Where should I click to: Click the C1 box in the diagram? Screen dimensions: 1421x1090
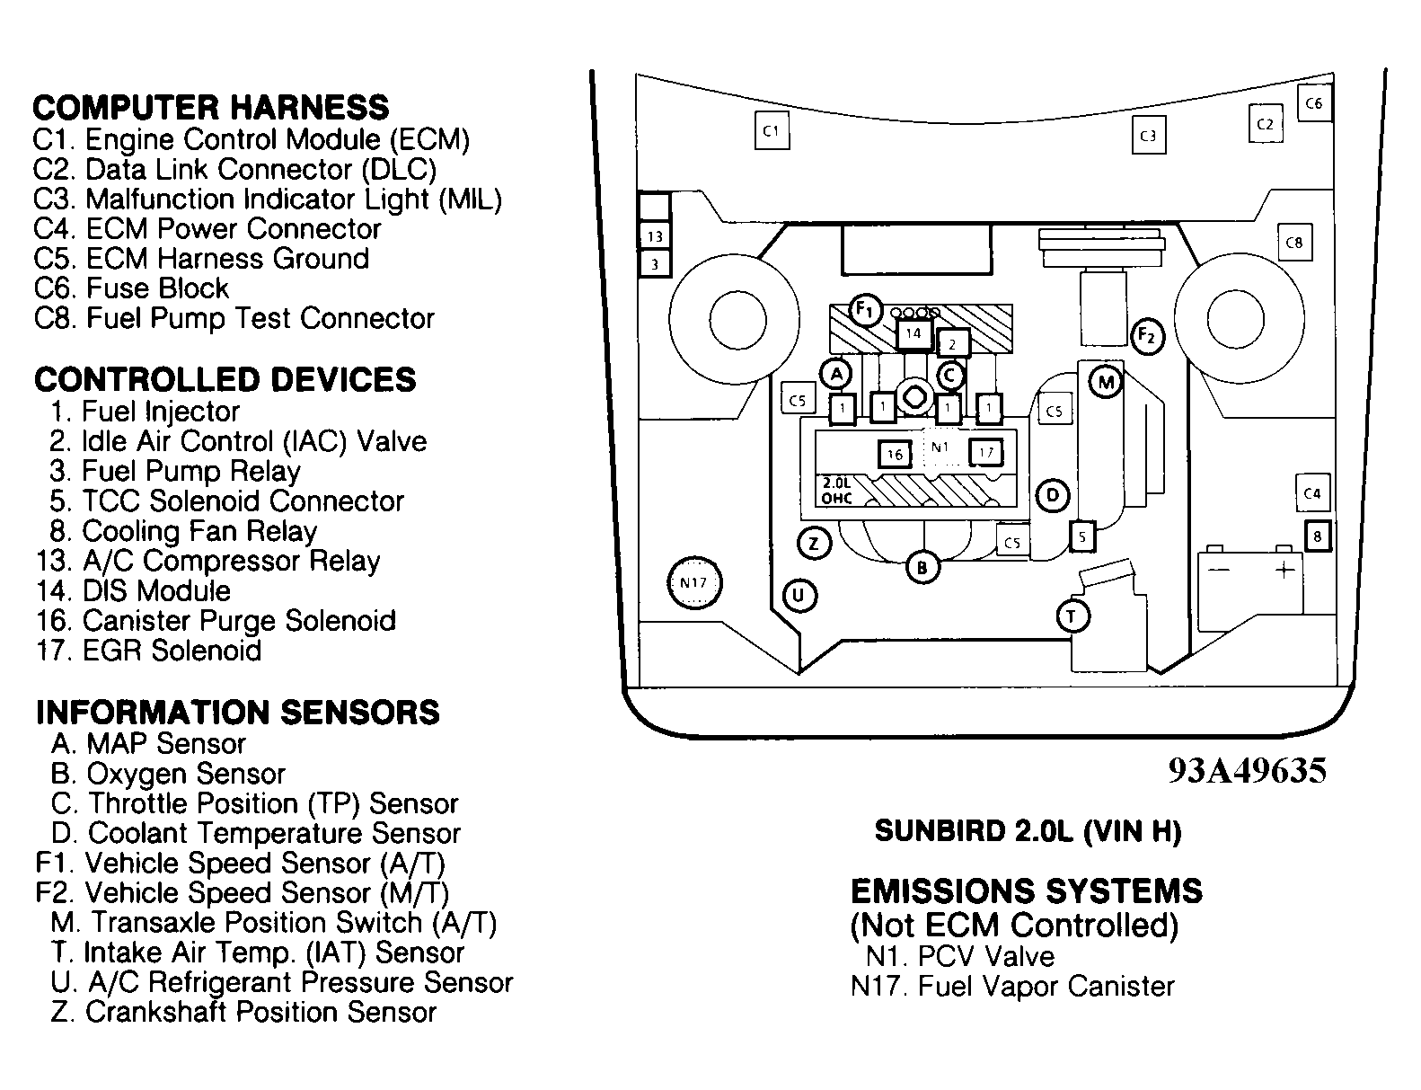772,131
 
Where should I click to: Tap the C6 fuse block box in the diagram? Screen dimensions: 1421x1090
1314,102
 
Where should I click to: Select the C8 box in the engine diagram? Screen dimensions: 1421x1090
1294,243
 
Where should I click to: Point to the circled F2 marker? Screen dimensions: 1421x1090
1147,336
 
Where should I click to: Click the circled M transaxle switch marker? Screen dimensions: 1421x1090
1106,382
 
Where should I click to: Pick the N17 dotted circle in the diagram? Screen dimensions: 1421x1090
693,582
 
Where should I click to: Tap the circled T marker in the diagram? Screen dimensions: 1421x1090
1072,616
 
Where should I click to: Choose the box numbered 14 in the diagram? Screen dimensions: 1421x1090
913,333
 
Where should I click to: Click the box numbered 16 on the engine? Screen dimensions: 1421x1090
895,454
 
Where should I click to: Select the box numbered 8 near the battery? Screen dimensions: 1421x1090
1318,536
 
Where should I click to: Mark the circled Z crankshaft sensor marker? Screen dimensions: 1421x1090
814,544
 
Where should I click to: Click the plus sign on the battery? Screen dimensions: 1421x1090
1284,570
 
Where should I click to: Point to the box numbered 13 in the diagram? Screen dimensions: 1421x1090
655,236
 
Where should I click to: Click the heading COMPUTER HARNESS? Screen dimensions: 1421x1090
210,108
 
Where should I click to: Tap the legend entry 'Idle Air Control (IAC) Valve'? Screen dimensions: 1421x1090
238,441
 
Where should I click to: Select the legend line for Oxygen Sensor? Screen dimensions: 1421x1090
168,774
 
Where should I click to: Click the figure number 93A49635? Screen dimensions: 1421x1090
1247,770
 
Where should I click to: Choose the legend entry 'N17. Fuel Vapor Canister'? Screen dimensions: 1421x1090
1012,987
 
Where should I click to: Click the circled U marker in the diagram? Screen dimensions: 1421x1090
799,596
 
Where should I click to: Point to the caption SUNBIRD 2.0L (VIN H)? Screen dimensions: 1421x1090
1028,831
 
